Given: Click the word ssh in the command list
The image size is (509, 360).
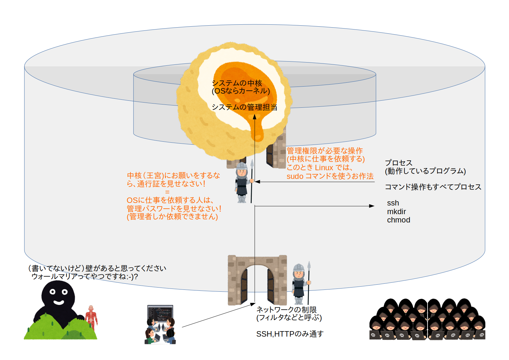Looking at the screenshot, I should coord(393,203).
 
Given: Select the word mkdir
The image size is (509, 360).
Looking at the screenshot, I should coord(396,212).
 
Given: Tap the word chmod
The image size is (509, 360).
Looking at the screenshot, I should coord(398,220).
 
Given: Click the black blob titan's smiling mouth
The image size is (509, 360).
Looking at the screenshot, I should coord(58,302).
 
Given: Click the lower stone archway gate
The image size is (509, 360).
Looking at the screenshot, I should coord(257,280).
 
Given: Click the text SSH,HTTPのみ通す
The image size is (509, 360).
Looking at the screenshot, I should coord(290,334).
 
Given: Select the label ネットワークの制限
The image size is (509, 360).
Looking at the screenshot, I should coord(286,310).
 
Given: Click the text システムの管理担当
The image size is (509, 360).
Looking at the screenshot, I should coord(244,107).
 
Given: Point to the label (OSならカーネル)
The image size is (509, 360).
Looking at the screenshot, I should coord(241,91).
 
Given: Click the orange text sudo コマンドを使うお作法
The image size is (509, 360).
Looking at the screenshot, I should coord(330,176).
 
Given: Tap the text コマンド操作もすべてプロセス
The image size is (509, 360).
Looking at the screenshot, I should coord(433,187).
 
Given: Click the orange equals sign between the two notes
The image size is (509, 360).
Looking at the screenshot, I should coord(167,192).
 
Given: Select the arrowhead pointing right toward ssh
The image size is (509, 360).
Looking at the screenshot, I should coord(372,206).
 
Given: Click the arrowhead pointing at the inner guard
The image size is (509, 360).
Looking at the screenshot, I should coord(257,182).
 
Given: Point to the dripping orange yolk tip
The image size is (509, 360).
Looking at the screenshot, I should coord(257,138).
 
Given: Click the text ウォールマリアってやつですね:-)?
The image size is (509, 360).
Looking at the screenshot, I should coord(85,276).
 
